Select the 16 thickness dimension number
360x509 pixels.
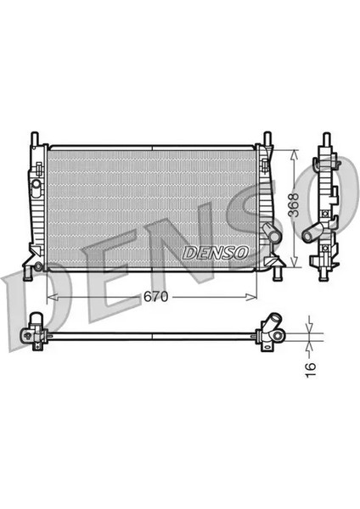click(311, 366)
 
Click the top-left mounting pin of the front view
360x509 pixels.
click(34, 138)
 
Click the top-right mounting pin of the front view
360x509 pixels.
click(267, 138)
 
